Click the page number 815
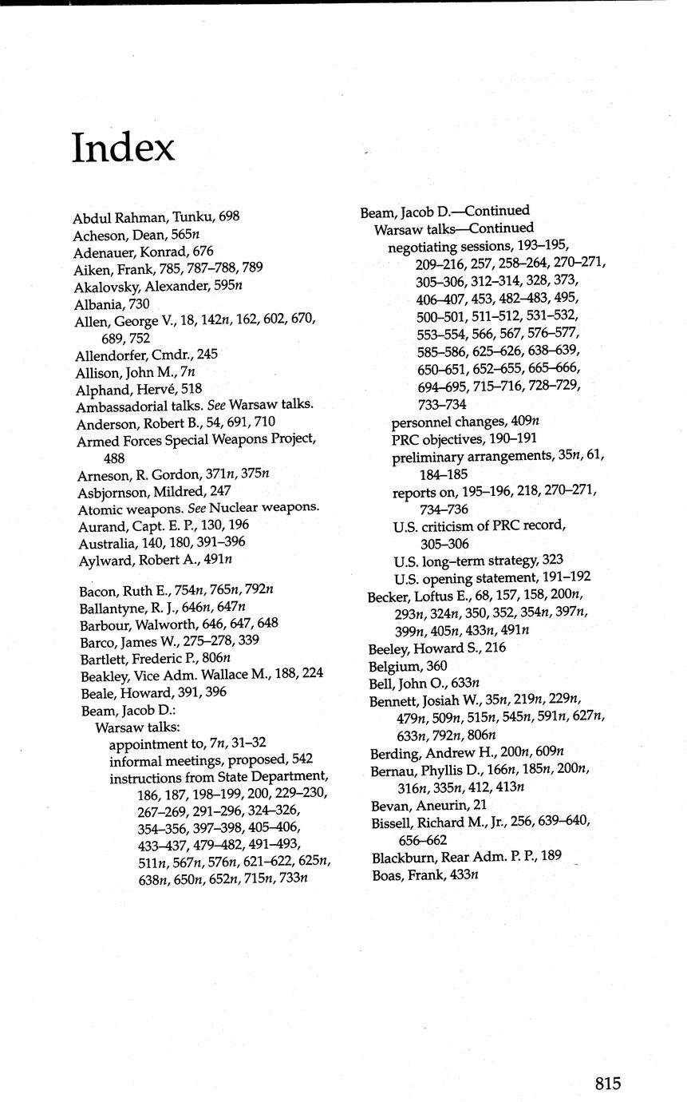point(607,1083)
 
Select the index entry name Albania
point(100,304)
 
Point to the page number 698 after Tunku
point(229,216)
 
